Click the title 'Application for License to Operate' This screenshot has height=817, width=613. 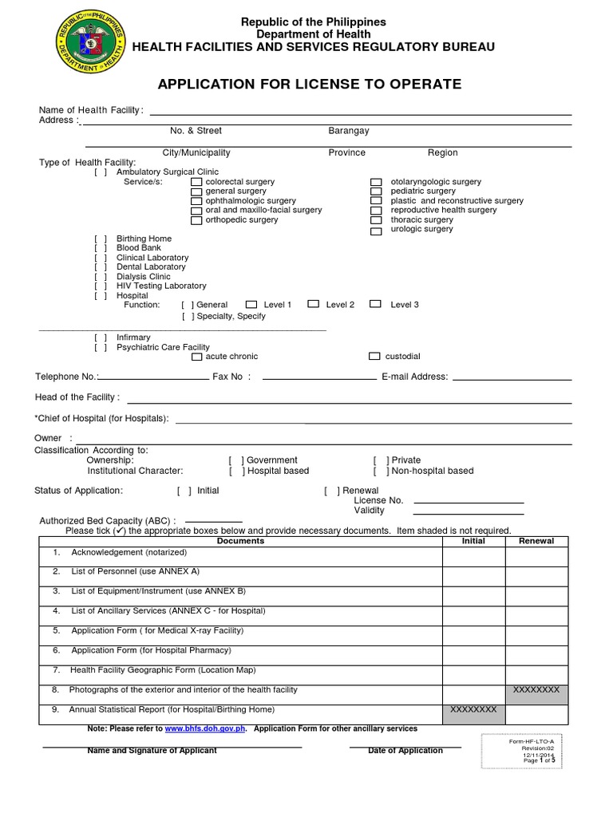309,85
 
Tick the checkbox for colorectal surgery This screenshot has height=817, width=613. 196,183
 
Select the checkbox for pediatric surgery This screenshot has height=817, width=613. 376,192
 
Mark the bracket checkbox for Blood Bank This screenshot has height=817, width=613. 100,249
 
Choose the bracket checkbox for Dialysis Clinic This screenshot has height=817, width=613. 100,277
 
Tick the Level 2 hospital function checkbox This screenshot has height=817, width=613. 314,304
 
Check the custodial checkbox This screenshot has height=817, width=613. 375,357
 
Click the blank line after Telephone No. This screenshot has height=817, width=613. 152,377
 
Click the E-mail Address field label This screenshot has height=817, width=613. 414,377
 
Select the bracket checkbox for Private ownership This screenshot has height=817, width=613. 381,460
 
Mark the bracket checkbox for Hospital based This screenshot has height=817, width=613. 235,472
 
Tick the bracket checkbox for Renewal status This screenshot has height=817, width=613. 331,491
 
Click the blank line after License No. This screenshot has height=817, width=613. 468,502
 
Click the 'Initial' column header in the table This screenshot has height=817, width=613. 473,541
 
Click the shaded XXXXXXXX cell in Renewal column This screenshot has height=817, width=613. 536,690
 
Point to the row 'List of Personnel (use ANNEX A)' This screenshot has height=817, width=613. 135,572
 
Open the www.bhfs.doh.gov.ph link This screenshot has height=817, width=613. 205,728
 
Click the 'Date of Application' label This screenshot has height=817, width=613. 405,751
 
